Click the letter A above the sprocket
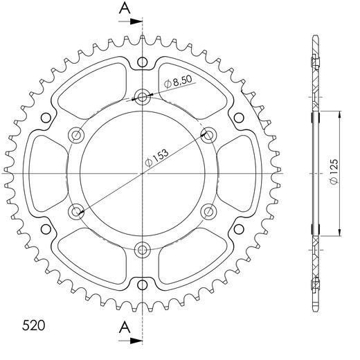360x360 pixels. coord(123,9)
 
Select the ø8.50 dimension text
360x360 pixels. coord(179,82)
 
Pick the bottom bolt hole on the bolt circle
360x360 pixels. coord(143,248)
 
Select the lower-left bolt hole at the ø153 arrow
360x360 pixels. coord(77,210)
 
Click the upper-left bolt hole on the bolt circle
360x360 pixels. coord(77,134)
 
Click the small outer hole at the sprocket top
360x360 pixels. coord(143,63)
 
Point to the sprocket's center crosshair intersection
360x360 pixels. coord(143,172)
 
